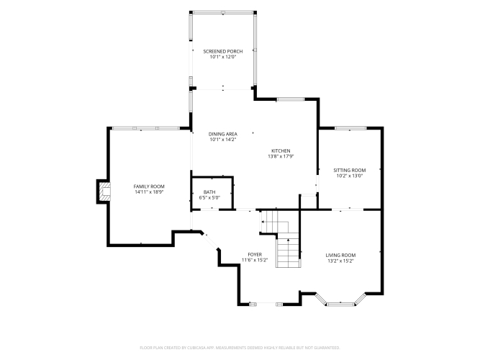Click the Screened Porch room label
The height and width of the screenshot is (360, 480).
[223, 51]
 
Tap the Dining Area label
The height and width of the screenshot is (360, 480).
[223, 134]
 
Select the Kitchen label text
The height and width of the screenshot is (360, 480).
[281, 150]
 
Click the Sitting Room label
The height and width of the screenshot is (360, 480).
[350, 171]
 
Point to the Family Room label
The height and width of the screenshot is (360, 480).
[149, 186]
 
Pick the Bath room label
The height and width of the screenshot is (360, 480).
[209, 192]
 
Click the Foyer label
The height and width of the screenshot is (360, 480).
[255, 255]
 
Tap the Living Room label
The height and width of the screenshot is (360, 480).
[340, 255]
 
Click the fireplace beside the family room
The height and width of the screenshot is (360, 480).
[104, 192]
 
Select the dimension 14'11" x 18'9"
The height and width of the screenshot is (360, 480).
[149, 192]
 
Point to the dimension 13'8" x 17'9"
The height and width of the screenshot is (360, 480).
[281, 156]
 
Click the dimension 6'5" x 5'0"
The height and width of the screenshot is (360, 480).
[209, 197]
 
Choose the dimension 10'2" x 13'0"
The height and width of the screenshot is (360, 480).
[350, 176]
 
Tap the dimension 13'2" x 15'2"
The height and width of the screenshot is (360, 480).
[340, 261]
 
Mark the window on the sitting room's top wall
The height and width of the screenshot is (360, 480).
[350, 128]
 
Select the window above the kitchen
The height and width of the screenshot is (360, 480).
[291, 99]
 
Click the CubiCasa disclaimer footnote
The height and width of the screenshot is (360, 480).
[240, 348]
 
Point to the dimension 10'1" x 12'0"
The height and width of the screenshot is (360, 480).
[223, 57]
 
